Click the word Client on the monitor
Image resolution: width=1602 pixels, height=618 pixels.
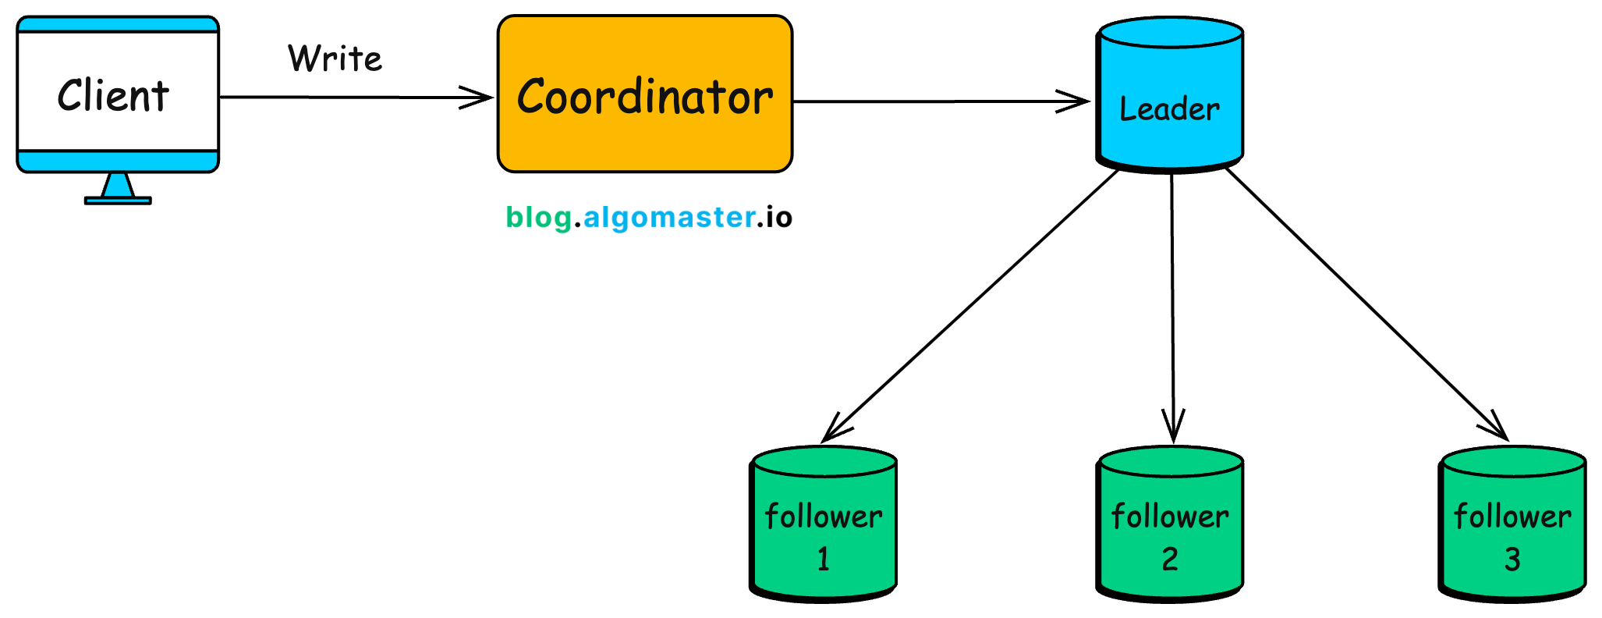click(113, 96)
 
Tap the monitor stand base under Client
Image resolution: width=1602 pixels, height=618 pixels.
click(118, 201)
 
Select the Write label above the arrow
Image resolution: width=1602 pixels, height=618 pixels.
click(335, 59)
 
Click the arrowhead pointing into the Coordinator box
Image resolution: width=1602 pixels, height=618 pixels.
click(480, 98)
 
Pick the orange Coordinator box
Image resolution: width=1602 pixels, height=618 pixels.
click(645, 94)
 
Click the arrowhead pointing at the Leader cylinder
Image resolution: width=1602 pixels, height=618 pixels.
click(1076, 101)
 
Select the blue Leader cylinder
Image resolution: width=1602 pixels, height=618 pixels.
click(1169, 94)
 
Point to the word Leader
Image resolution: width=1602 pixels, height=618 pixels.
click(1169, 109)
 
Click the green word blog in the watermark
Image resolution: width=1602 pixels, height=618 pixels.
click(538, 217)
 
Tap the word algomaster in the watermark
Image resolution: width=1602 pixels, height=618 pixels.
click(669, 217)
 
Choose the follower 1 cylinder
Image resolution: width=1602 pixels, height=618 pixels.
click(824, 524)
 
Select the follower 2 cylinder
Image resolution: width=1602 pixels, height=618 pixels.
click(1169, 524)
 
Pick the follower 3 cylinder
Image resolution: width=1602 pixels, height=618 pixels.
click(1512, 524)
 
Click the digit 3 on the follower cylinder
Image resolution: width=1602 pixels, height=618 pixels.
click(1512, 559)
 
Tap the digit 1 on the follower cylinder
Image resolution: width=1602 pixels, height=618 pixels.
click(824, 559)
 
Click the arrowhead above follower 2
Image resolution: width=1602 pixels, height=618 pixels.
click(1173, 429)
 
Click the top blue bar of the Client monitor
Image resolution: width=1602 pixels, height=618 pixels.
click(118, 24)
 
